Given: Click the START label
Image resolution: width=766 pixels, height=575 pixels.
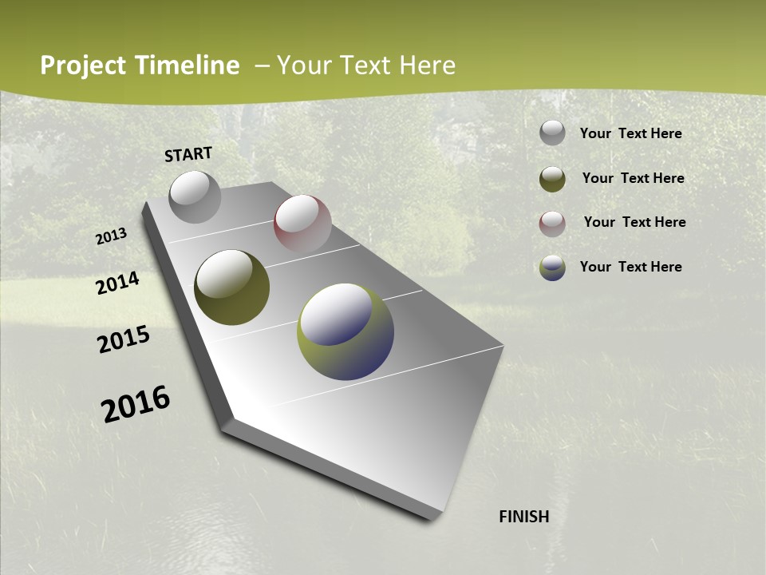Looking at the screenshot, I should click(188, 154).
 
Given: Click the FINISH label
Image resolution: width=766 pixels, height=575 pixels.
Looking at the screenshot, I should click(523, 517).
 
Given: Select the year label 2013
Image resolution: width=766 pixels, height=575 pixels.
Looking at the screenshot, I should click(112, 236).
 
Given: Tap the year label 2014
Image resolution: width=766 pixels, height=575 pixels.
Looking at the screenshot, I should click(117, 284).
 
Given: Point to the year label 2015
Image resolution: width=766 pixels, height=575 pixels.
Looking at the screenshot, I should click(124, 339).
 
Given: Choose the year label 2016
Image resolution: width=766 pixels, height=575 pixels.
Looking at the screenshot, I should click(136, 404).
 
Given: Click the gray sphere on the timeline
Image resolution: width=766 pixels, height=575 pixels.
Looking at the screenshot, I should click(195, 196).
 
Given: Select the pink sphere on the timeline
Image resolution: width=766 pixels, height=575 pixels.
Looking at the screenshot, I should click(302, 224).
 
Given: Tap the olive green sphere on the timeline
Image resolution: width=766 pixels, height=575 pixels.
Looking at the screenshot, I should click(231, 287).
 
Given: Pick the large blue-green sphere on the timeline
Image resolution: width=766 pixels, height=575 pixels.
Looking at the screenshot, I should click(345, 331).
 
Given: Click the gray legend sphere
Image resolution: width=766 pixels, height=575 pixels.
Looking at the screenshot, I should click(552, 133).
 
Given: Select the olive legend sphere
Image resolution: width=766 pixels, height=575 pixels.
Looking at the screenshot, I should click(552, 179).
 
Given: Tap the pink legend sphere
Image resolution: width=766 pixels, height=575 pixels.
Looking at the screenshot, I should click(552, 224).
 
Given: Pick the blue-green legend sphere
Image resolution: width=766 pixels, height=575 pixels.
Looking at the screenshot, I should click(552, 268).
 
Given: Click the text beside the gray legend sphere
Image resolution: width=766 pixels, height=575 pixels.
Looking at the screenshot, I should click(630, 134).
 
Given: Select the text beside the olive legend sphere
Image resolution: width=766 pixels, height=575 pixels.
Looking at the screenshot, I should click(633, 179).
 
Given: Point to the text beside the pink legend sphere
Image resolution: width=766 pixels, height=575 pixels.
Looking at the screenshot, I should click(634, 222).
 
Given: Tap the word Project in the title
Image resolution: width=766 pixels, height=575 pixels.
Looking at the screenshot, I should click(81, 65).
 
